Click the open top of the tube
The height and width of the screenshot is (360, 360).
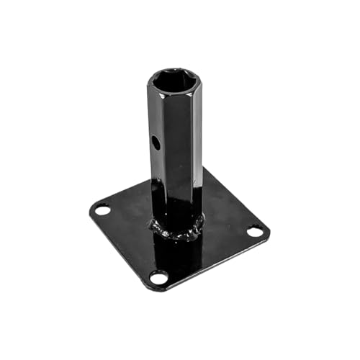175,80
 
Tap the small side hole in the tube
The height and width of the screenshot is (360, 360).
156,143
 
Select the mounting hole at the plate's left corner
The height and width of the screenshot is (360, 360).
102,211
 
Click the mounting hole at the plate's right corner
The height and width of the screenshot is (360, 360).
255,232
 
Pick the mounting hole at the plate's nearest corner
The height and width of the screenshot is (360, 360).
158,276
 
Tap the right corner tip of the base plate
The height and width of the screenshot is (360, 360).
269,231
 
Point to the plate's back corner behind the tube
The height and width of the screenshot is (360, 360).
206,170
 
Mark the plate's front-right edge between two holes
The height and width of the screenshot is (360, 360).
212,263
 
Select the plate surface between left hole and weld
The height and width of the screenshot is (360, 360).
130,216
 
